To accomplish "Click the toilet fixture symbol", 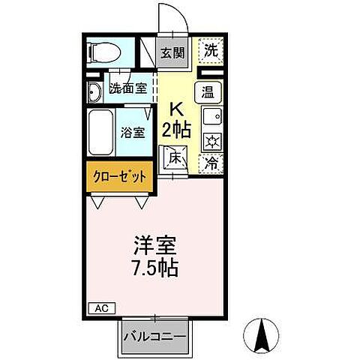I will [x=102, y=52].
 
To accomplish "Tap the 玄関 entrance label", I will [x=171, y=52].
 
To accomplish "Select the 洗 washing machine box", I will [x=213, y=52].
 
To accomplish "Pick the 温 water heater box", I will [x=210, y=93].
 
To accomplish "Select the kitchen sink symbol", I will [x=211, y=118].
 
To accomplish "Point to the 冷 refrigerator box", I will [x=213, y=160].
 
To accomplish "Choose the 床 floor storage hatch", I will [x=174, y=158].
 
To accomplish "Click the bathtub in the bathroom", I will [x=100, y=133].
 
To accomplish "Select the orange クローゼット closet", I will [x=119, y=178].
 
